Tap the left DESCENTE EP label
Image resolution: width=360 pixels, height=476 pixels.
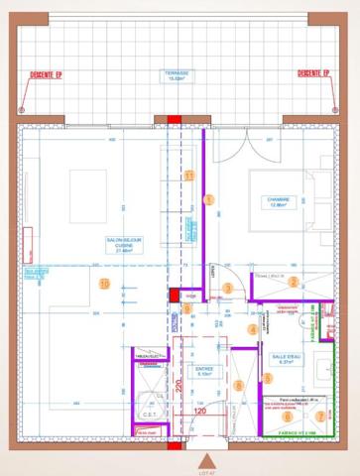pyautogui.click(x=45, y=74)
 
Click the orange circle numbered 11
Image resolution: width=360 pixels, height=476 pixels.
pyautogui.click(x=189, y=176)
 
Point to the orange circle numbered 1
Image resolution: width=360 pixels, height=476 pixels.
pyautogui.click(x=208, y=199)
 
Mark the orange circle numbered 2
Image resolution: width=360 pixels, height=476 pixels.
pyautogui.click(x=293, y=282)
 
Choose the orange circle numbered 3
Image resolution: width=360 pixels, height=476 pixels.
pyautogui.click(x=228, y=288)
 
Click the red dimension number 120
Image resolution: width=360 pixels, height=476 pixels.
pyautogui.click(x=199, y=409)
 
